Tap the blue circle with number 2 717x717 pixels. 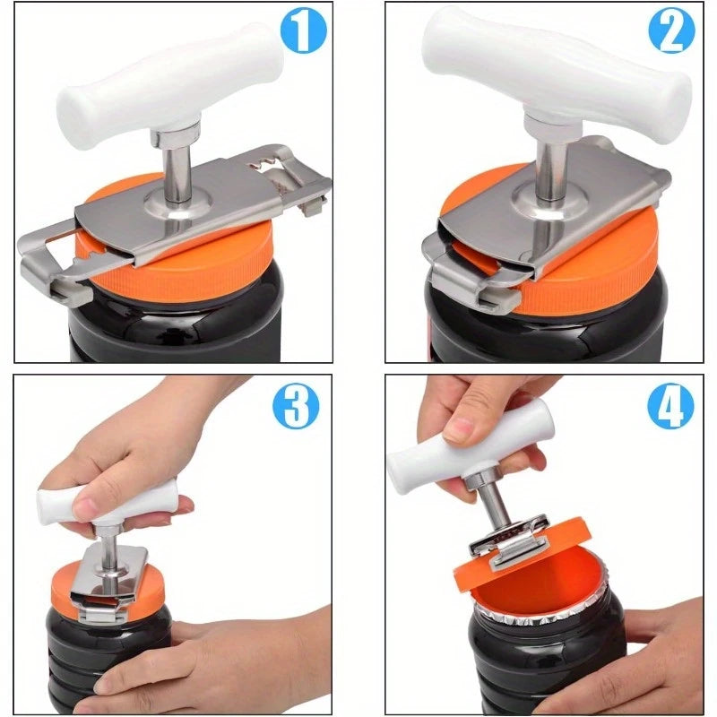click(x=671, y=34)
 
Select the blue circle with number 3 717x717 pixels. click(x=297, y=408)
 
